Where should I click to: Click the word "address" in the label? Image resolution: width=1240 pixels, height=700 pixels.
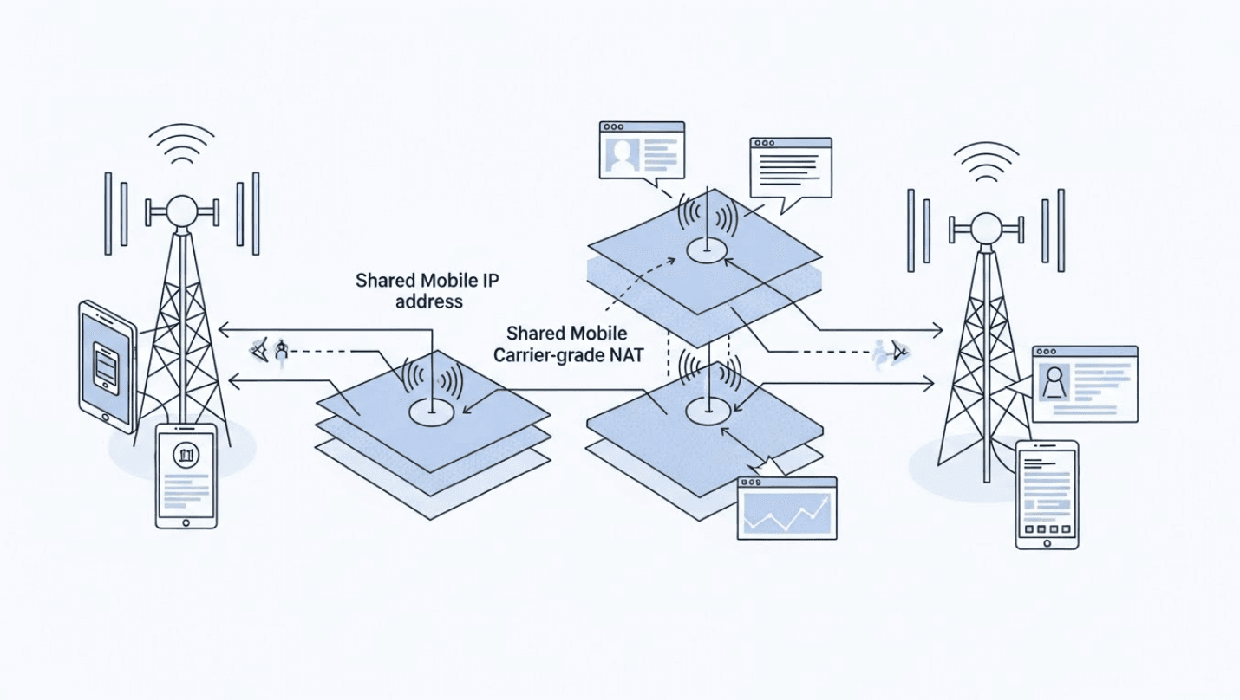(428, 302)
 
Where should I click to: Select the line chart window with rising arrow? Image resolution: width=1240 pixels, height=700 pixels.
(786, 509)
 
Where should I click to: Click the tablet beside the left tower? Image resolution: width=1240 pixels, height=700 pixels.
(108, 366)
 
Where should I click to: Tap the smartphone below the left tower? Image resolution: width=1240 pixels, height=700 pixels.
(186, 476)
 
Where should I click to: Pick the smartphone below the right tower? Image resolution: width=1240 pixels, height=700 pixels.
(1047, 495)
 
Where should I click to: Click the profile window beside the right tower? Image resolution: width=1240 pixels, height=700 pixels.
(1084, 384)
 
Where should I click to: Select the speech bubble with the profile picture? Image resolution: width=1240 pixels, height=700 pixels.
(642, 151)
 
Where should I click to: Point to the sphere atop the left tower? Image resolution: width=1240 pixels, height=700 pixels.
(182, 211)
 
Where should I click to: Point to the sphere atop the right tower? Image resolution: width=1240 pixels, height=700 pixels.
(986, 229)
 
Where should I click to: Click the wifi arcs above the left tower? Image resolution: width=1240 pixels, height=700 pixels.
(181, 145)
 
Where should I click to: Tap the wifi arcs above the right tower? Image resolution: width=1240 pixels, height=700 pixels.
(986, 162)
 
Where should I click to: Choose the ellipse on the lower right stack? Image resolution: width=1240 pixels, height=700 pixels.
(708, 412)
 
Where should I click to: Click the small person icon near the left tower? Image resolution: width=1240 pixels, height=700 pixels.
(280, 352)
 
